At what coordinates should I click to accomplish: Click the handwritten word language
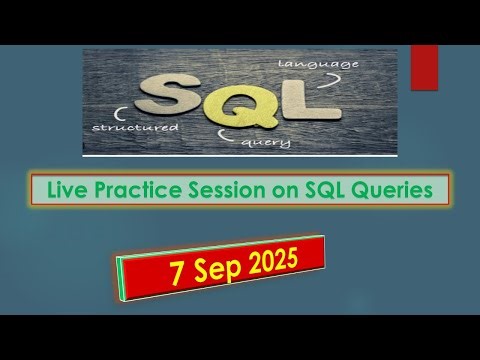click(317, 65)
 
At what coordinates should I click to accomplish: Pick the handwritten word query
click(267, 142)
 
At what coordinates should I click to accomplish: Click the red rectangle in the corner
click(424, 67)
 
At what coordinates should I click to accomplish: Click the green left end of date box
click(123, 278)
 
